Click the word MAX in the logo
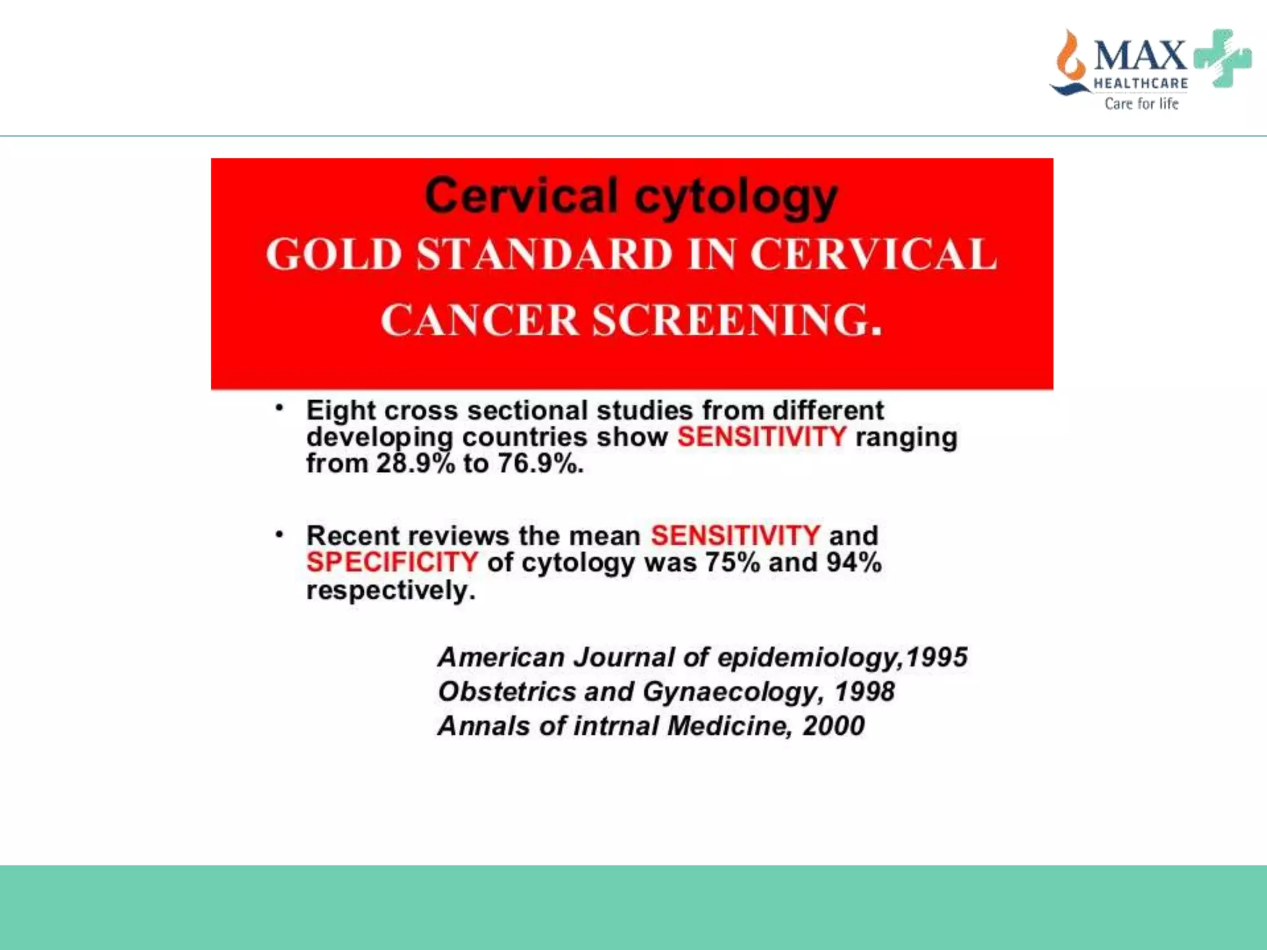[1140, 56]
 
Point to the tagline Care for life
[1141, 103]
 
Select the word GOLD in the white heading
[334, 255]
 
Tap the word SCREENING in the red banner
[736, 320]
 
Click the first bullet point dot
[280, 408]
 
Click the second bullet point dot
[280, 533]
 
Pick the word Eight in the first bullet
[341, 411]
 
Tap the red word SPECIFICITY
[392, 562]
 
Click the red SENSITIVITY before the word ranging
[762, 437]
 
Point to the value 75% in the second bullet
[732, 562]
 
